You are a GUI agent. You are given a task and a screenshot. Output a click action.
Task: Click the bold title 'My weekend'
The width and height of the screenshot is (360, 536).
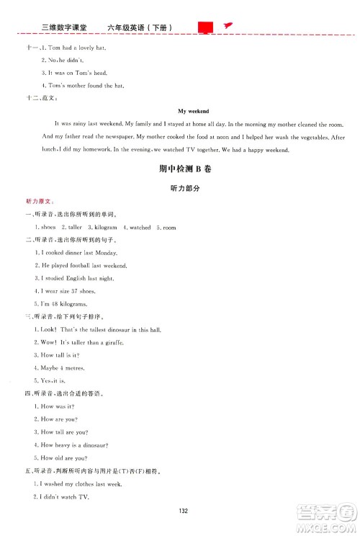pyautogui.click(x=192, y=112)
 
